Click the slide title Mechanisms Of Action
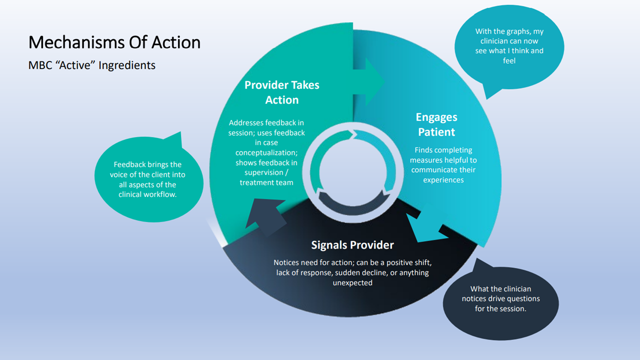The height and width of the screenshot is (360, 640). (x=114, y=42)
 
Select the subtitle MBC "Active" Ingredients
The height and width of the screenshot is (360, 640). (x=92, y=65)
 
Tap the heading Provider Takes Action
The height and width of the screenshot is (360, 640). (x=282, y=92)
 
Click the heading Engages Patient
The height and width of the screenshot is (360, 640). (x=436, y=124)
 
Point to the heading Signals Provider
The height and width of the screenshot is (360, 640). (x=352, y=245)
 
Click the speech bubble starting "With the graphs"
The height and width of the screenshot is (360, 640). (x=509, y=47)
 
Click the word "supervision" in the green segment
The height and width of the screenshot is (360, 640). (x=266, y=172)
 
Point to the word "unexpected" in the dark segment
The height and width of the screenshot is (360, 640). (x=352, y=282)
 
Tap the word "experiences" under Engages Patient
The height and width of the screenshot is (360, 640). (x=443, y=180)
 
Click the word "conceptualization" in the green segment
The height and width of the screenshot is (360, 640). (x=266, y=152)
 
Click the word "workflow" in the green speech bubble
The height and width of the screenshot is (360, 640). (x=162, y=194)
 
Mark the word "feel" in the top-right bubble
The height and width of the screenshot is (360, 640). (x=509, y=60)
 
